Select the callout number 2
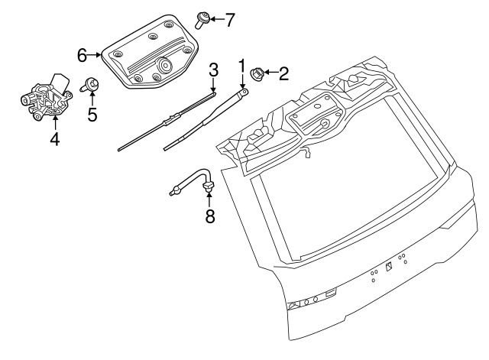pos(283,74)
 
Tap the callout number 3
pos(214,70)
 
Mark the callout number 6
pos(82,54)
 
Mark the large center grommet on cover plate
pos(161,66)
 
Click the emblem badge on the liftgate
pos(387,267)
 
